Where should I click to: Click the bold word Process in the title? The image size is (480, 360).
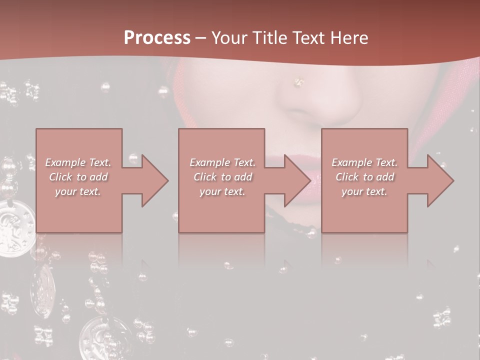[x=157, y=38]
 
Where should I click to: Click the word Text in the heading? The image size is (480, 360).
[x=308, y=38]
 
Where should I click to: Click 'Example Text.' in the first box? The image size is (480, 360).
[x=78, y=162]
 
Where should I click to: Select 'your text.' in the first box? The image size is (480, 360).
[x=78, y=191]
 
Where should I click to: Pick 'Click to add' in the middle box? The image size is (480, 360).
[x=222, y=177]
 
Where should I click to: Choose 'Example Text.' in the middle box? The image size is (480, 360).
[x=222, y=162]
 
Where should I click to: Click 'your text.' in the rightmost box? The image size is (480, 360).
[x=364, y=191]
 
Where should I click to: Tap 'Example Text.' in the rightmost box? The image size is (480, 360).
[x=364, y=162]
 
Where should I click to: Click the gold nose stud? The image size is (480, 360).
[x=299, y=81]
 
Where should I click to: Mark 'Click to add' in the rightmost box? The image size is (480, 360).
[x=364, y=177]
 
